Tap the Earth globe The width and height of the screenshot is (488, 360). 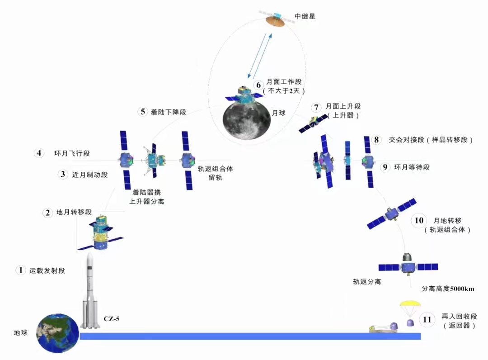(57, 333)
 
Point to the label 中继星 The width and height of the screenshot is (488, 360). (305, 16)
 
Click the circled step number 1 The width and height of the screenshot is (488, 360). (20, 270)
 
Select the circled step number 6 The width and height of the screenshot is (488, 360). (258, 85)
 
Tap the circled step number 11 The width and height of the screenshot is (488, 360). (427, 320)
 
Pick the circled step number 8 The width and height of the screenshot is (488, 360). (376, 140)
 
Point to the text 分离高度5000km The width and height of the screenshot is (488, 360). (448, 289)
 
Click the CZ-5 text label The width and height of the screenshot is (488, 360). (112, 319)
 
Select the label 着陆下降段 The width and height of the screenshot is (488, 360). (169, 112)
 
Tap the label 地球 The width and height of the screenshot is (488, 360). (20, 333)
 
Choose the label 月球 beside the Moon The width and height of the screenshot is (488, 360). (278, 113)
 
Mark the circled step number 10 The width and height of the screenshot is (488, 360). (419, 221)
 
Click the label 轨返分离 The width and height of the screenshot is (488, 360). (367, 282)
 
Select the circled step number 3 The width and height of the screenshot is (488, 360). (63, 175)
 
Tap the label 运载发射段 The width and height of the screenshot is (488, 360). (47, 270)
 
